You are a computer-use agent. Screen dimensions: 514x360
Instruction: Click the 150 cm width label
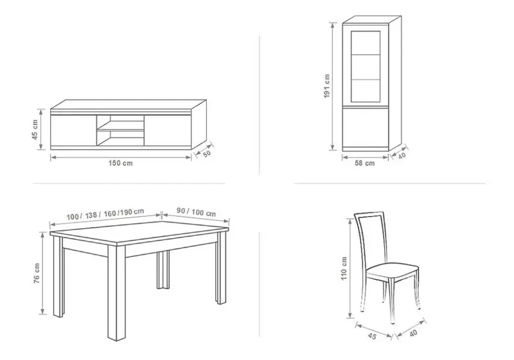click(121, 163)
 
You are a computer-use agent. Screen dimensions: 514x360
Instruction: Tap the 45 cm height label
click(35, 129)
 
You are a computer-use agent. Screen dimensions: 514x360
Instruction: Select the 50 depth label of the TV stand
click(207, 154)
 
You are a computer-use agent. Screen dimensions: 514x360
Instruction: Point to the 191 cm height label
click(327, 86)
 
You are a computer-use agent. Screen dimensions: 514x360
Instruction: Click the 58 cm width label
click(364, 163)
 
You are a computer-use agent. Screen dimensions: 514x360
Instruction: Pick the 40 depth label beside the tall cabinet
click(402, 155)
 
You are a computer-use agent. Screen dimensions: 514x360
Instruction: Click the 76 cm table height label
click(37, 273)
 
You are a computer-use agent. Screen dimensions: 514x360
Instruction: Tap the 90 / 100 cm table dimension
click(196, 212)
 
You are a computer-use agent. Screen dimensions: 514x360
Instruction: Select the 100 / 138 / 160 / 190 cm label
click(105, 214)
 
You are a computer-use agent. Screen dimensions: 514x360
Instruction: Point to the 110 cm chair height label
click(344, 269)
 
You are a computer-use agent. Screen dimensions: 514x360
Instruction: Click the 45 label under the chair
click(372, 336)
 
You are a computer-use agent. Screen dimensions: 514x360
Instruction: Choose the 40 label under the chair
click(413, 333)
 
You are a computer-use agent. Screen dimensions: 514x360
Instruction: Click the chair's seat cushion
click(392, 271)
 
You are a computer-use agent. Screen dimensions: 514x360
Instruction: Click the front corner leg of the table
click(117, 292)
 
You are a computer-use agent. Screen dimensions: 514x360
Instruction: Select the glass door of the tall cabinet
click(366, 67)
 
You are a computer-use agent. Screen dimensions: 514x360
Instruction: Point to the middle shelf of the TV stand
click(120, 130)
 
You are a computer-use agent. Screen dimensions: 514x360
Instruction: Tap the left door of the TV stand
click(73, 129)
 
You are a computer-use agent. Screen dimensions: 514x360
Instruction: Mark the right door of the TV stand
click(168, 129)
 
